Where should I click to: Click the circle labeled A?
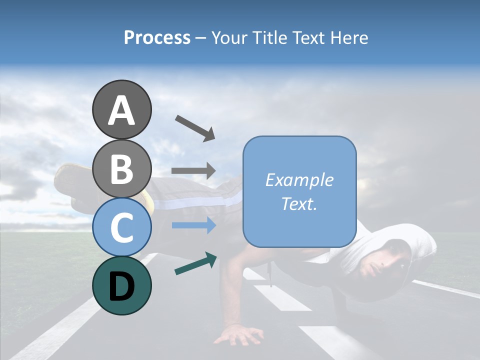click(x=122, y=109)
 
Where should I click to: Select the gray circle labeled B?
click(x=122, y=168)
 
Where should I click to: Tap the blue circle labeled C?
click(x=122, y=227)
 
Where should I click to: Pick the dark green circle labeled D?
click(x=122, y=285)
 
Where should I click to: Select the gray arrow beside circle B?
click(x=193, y=170)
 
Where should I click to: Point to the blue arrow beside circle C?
click(x=193, y=225)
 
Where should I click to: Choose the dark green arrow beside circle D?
click(x=195, y=263)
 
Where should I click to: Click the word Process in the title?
click(x=157, y=38)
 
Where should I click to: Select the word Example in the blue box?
click(x=299, y=180)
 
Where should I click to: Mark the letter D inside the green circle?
click(x=122, y=286)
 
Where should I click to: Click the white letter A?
click(x=122, y=110)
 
